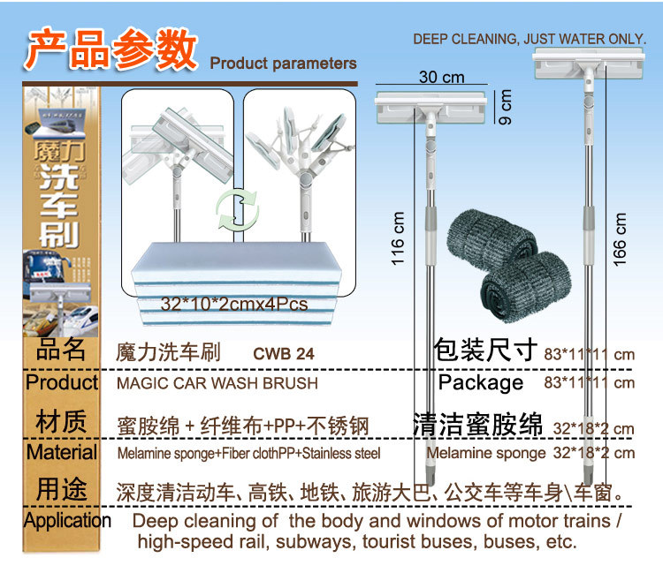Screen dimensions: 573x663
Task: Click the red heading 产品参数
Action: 110,49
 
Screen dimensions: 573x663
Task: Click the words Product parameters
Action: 283,64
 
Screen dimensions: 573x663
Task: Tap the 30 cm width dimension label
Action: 441,78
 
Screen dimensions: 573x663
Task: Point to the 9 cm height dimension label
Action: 506,105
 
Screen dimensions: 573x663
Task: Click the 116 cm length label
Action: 399,238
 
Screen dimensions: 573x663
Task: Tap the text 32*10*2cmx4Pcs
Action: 234,304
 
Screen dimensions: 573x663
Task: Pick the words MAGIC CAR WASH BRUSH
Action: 217,384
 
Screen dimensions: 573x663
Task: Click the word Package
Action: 481,382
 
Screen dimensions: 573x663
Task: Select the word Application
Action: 67,520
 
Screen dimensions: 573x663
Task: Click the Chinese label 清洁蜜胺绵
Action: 477,425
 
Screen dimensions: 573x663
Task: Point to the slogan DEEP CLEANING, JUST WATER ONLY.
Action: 534,40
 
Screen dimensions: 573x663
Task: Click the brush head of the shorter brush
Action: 431,104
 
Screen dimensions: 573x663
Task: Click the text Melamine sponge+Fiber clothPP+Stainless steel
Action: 248,454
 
